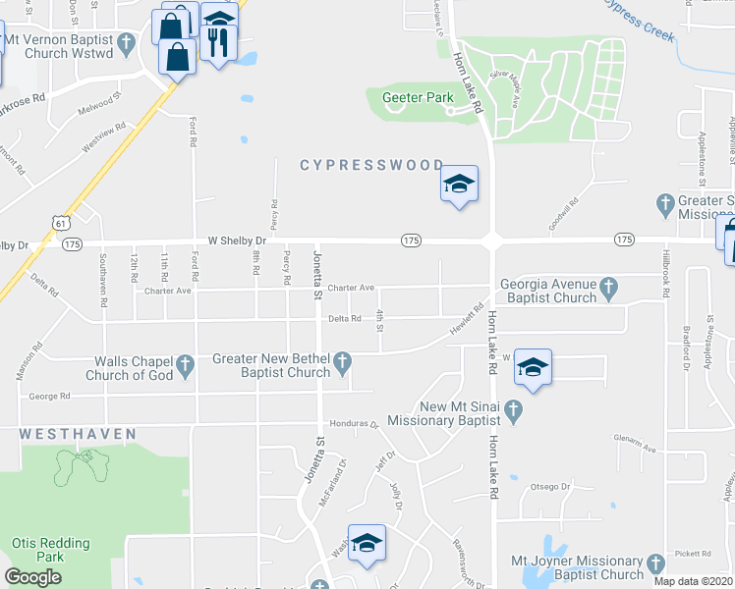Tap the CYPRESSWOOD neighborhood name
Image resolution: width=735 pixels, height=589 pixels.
(x=378, y=166)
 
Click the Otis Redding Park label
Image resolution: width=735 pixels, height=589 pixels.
(x=50, y=550)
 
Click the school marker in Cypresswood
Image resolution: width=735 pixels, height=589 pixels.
(x=459, y=184)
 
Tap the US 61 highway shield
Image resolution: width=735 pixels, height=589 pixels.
(x=62, y=223)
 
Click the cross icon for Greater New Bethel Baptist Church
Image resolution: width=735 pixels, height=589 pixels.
(x=343, y=364)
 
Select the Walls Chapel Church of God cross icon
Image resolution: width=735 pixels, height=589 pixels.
(x=188, y=367)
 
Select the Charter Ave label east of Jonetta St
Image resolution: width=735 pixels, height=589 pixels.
(x=352, y=288)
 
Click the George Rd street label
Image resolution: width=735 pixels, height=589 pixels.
(x=50, y=397)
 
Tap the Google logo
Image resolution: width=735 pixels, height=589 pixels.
(x=32, y=576)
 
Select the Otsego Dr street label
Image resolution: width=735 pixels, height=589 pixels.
(x=550, y=486)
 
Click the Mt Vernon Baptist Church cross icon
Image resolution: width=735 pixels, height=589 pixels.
(x=126, y=43)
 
